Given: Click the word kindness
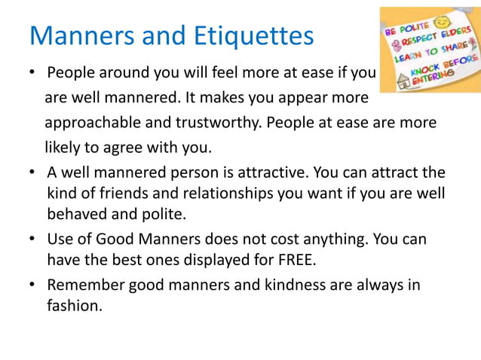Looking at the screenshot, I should pos(275,285).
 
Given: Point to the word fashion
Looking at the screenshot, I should pos(74,306).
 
